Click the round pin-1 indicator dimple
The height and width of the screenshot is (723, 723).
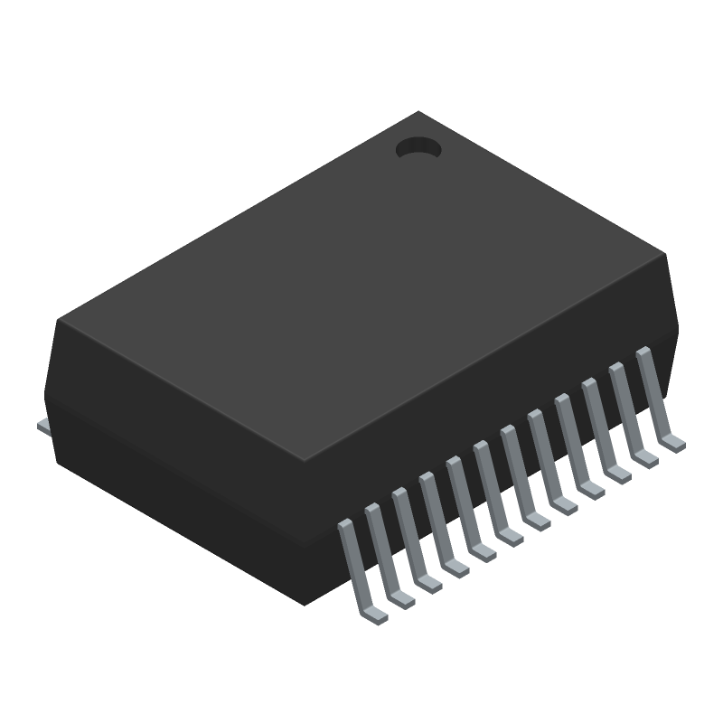(x=418, y=148)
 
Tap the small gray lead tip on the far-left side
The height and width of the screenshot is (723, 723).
(x=42, y=424)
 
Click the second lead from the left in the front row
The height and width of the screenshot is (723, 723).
(x=384, y=553)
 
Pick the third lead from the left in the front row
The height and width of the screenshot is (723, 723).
(x=411, y=539)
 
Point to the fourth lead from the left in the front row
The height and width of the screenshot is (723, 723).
(x=438, y=524)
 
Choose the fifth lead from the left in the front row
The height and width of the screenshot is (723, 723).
(x=465, y=510)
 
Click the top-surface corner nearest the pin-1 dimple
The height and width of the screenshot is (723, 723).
(x=418, y=112)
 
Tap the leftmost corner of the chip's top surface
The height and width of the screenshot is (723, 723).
(x=58, y=319)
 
